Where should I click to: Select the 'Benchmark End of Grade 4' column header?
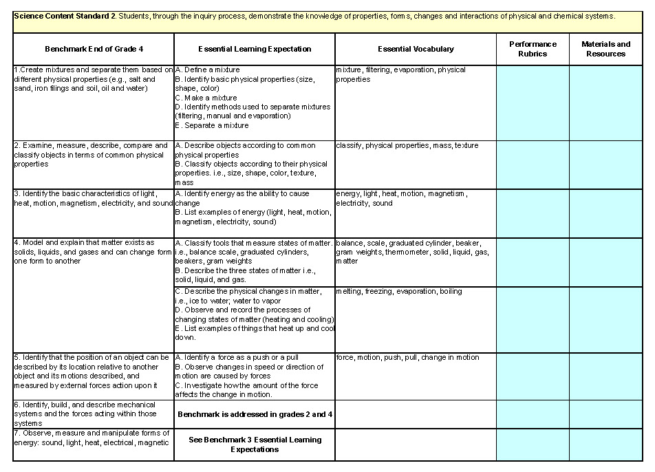click(x=93, y=49)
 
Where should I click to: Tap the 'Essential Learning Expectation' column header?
click(x=255, y=49)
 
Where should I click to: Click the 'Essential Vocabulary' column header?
click(x=416, y=49)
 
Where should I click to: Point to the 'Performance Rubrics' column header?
click(x=533, y=49)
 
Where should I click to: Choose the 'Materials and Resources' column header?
click(x=605, y=49)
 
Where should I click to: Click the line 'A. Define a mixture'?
click(x=207, y=69)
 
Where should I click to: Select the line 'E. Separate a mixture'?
click(x=212, y=126)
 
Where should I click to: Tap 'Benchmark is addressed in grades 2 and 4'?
click(x=255, y=415)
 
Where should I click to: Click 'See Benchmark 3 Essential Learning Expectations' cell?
click(x=255, y=444)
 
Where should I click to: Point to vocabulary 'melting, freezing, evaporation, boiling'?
click(x=398, y=292)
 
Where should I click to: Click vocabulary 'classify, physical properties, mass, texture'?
click(x=407, y=146)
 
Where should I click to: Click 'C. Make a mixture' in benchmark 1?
click(x=206, y=98)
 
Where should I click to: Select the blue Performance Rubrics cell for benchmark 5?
click(x=533, y=376)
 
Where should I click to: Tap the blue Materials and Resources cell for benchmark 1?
click(x=605, y=103)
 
